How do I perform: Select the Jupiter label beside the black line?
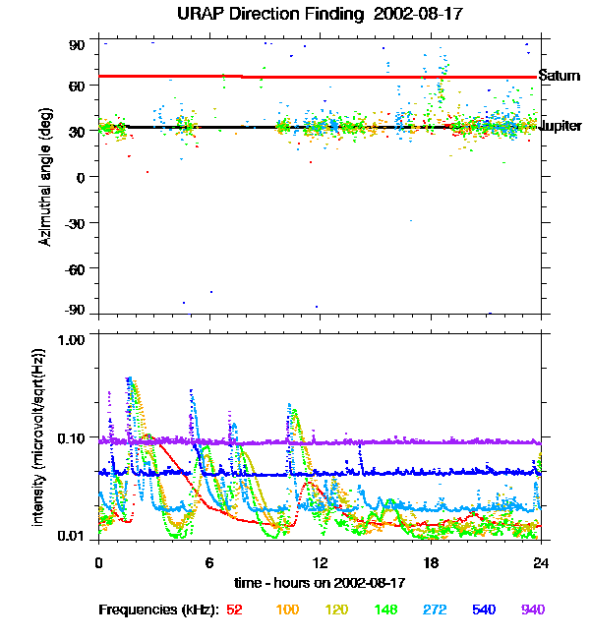pyautogui.click(x=560, y=127)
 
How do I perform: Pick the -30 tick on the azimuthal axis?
pyautogui.click(x=75, y=222)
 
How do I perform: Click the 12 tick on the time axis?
pyautogui.click(x=320, y=562)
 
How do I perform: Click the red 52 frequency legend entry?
pyautogui.click(x=234, y=610)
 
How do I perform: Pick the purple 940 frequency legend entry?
pyautogui.click(x=533, y=610)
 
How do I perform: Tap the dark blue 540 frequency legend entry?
pyautogui.click(x=482, y=610)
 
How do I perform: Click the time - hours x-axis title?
pyautogui.click(x=320, y=582)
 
